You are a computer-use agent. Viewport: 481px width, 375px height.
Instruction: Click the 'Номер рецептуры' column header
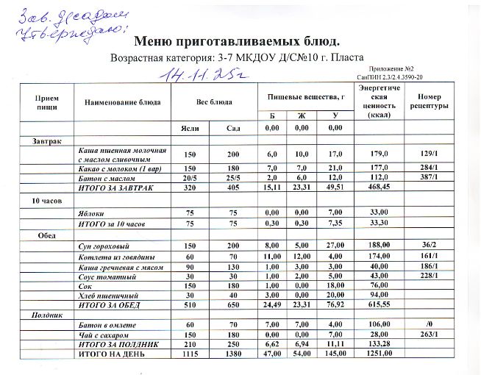click(429, 101)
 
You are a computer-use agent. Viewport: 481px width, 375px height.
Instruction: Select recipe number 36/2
click(430, 244)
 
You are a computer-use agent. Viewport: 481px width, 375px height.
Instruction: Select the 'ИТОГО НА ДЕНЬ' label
click(112, 354)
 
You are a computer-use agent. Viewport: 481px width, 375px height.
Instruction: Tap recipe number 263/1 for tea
click(430, 333)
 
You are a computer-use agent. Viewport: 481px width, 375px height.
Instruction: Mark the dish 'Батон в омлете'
click(107, 324)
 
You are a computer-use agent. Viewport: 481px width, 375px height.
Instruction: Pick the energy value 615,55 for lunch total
click(379, 304)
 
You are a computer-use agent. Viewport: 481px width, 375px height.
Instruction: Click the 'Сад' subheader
click(234, 128)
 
